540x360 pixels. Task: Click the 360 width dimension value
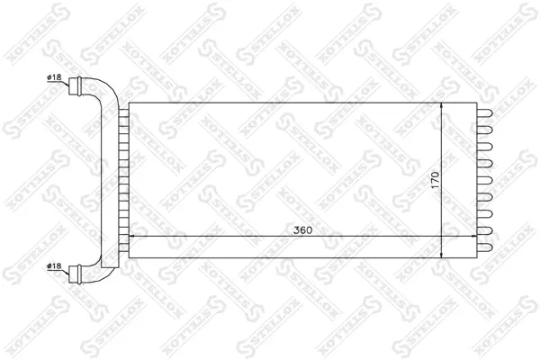(x=302, y=229)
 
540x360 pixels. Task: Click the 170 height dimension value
(x=436, y=179)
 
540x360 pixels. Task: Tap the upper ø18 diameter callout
(x=54, y=77)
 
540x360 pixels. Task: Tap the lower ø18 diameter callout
(x=54, y=266)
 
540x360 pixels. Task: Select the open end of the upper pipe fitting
(x=69, y=86)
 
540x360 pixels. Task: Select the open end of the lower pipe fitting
(x=69, y=274)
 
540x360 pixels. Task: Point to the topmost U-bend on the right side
(x=485, y=113)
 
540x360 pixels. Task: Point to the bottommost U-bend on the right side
(x=485, y=247)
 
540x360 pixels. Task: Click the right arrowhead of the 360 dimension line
(x=473, y=237)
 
